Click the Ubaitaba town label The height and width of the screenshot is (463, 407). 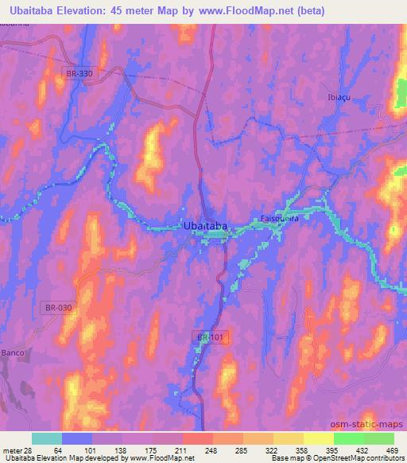[206, 226]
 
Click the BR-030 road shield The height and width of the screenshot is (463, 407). [52, 307]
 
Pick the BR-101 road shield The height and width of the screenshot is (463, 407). [207, 338]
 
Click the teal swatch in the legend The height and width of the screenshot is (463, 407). [47, 438]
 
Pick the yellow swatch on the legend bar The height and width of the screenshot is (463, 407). [318, 438]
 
